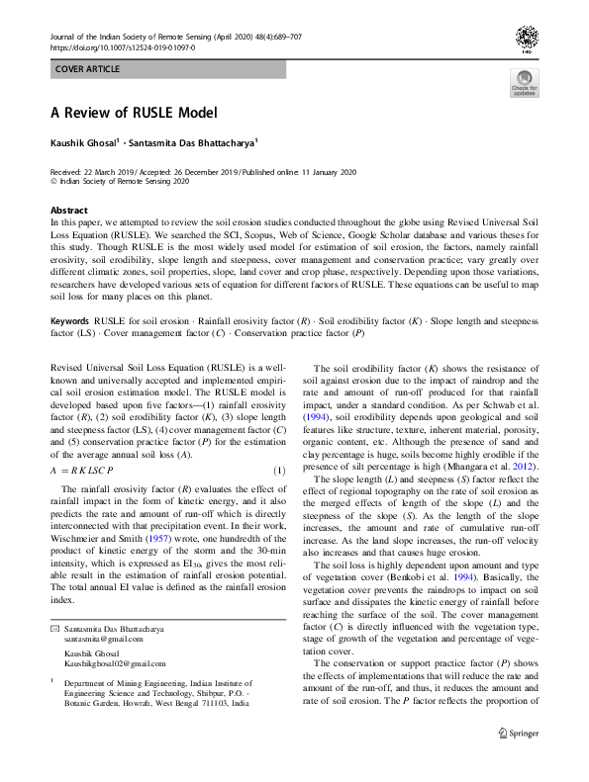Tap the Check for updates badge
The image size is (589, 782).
pos(524,84)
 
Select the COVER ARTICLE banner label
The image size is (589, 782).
pos(87,69)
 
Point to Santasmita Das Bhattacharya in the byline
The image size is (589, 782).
pos(199,143)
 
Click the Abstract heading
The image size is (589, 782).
pos(69,211)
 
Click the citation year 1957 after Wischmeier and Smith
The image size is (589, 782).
pos(163,541)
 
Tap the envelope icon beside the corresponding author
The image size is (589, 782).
pos(54,629)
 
